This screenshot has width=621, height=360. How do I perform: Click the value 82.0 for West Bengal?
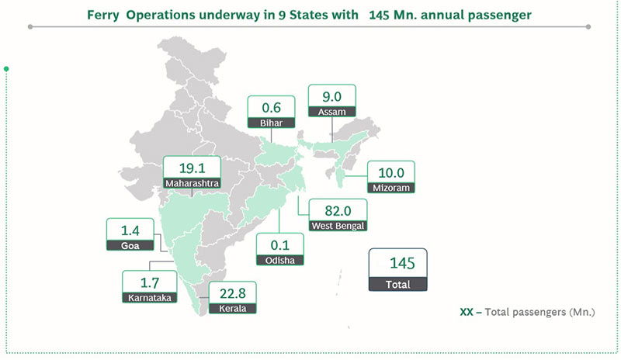(337, 210)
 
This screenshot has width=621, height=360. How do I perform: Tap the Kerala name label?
(232, 308)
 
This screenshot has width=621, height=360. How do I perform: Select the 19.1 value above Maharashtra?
(192, 168)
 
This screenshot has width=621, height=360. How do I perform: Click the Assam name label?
(332, 112)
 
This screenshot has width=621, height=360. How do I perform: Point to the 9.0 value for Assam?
(332, 95)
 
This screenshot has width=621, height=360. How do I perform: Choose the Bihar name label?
(272, 123)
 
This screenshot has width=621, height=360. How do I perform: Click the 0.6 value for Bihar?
(272, 107)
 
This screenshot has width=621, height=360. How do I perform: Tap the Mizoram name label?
(391, 188)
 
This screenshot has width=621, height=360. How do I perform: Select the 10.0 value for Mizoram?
(391, 171)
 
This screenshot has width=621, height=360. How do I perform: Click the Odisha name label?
(280, 261)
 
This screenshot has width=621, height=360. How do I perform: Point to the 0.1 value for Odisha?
(280, 244)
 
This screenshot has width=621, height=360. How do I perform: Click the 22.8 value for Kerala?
(232, 292)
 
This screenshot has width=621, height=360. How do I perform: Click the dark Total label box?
(397, 285)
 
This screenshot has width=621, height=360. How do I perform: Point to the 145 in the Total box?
(397, 264)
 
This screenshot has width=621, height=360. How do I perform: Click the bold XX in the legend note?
(467, 312)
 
